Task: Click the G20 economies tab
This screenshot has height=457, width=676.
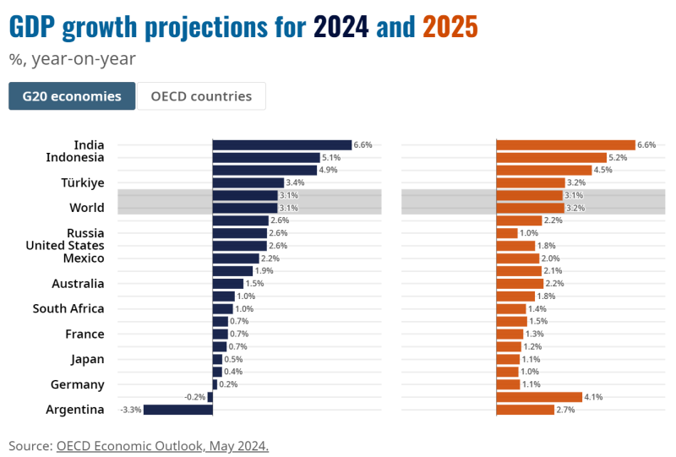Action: click(72, 96)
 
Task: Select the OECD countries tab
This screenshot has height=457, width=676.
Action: click(201, 96)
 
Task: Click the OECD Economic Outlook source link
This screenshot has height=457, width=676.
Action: click(162, 445)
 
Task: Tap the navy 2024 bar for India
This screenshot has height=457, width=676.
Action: click(281, 145)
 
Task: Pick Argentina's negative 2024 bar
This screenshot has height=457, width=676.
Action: click(177, 410)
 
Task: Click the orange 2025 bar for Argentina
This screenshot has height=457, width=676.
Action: click(525, 410)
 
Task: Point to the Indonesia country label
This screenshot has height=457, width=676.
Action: click(75, 157)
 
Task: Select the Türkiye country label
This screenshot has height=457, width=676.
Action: click(83, 182)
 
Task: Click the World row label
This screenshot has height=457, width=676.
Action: click(87, 208)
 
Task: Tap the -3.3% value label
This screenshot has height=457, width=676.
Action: click(131, 410)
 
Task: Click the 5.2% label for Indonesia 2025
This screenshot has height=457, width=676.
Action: click(619, 158)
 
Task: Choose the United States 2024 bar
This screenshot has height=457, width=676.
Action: click(240, 246)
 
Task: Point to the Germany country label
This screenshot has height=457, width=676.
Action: click(78, 384)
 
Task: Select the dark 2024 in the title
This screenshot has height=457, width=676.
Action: click(341, 27)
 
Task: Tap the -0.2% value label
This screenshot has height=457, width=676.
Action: click(194, 397)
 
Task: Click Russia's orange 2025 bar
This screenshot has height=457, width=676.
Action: click(507, 233)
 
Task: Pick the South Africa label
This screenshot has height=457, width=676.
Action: click(68, 309)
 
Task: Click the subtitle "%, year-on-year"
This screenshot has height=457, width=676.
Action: click(72, 59)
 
